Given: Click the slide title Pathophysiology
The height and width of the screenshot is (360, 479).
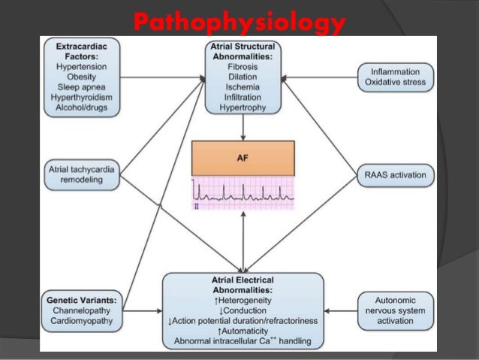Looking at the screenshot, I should [x=239, y=23].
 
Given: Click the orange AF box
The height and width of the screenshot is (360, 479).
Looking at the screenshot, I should [x=243, y=159].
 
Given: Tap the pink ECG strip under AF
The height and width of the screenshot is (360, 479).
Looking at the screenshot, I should [x=243, y=193].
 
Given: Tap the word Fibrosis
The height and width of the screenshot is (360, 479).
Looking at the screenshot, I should [x=243, y=66].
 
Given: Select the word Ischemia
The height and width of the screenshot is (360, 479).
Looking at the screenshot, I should [x=243, y=87].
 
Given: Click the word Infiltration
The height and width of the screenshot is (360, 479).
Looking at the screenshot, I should [x=243, y=98].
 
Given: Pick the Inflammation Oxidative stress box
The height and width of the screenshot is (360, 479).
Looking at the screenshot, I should [x=394, y=77].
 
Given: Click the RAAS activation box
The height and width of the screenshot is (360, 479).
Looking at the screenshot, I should [x=394, y=175].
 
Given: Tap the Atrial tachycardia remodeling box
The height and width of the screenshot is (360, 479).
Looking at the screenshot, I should [x=80, y=175].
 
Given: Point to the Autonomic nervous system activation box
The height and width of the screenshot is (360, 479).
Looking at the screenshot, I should [x=394, y=310].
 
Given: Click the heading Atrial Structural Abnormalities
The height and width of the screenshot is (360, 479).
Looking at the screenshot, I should [x=243, y=50].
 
